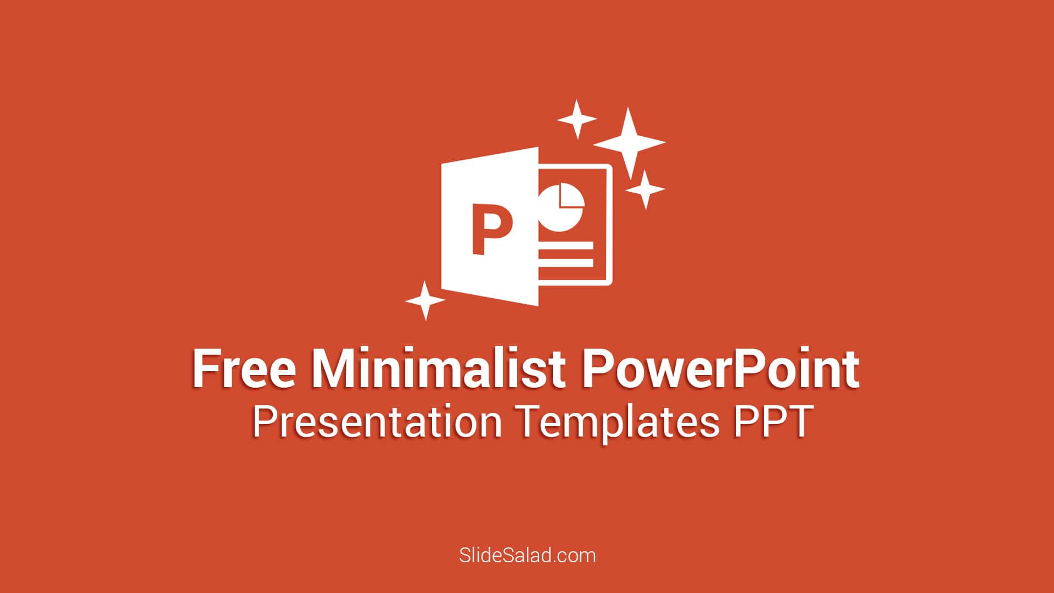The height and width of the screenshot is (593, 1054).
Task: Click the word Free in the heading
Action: (244, 368)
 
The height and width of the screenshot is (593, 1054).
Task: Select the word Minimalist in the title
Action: (439, 368)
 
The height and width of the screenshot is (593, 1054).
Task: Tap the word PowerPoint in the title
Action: (720, 368)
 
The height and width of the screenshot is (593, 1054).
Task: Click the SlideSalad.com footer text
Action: (527, 555)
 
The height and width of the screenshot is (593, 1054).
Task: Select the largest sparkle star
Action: (629, 143)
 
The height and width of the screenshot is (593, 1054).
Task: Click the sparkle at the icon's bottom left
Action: (425, 300)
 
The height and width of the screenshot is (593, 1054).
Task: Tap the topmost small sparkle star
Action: (577, 119)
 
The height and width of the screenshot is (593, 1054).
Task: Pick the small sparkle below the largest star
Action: (646, 189)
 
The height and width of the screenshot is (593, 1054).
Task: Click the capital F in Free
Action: (204, 368)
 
